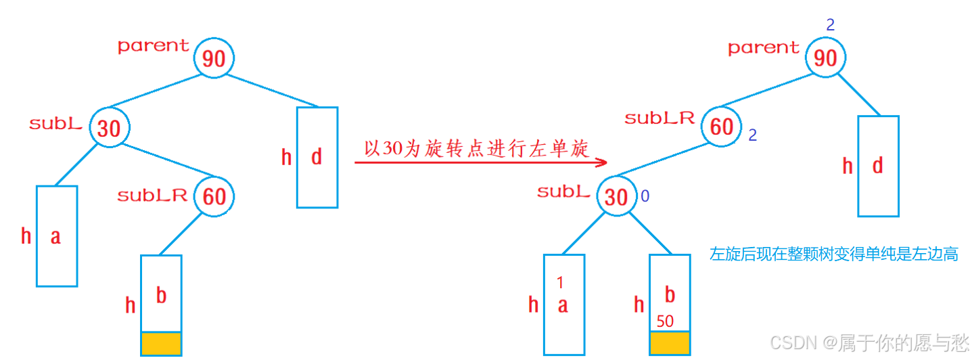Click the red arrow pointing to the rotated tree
pyautogui.click(x=480, y=163)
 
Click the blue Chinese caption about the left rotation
pyautogui.click(x=833, y=254)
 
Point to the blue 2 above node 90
pyautogui.click(x=831, y=25)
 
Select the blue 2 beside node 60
pyautogui.click(x=752, y=135)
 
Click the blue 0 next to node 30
pyautogui.click(x=645, y=196)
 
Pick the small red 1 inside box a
pyautogui.click(x=560, y=282)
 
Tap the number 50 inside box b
pyautogui.click(x=665, y=321)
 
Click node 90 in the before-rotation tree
pyautogui.click(x=214, y=58)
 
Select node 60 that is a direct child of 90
pyautogui.click(x=722, y=126)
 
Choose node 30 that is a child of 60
pyautogui.click(x=616, y=197)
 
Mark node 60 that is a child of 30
pyautogui.click(x=214, y=196)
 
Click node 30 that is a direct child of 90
pyautogui.click(x=109, y=128)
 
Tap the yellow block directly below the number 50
pyautogui.click(x=670, y=343)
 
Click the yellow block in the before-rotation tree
pyautogui.click(x=161, y=343)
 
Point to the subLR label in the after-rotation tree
pyautogui.click(x=659, y=118)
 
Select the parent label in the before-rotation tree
pyautogui.click(x=154, y=46)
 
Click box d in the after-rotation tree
pyautogui.click(x=878, y=166)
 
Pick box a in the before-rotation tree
pyautogui.click(x=57, y=235)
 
